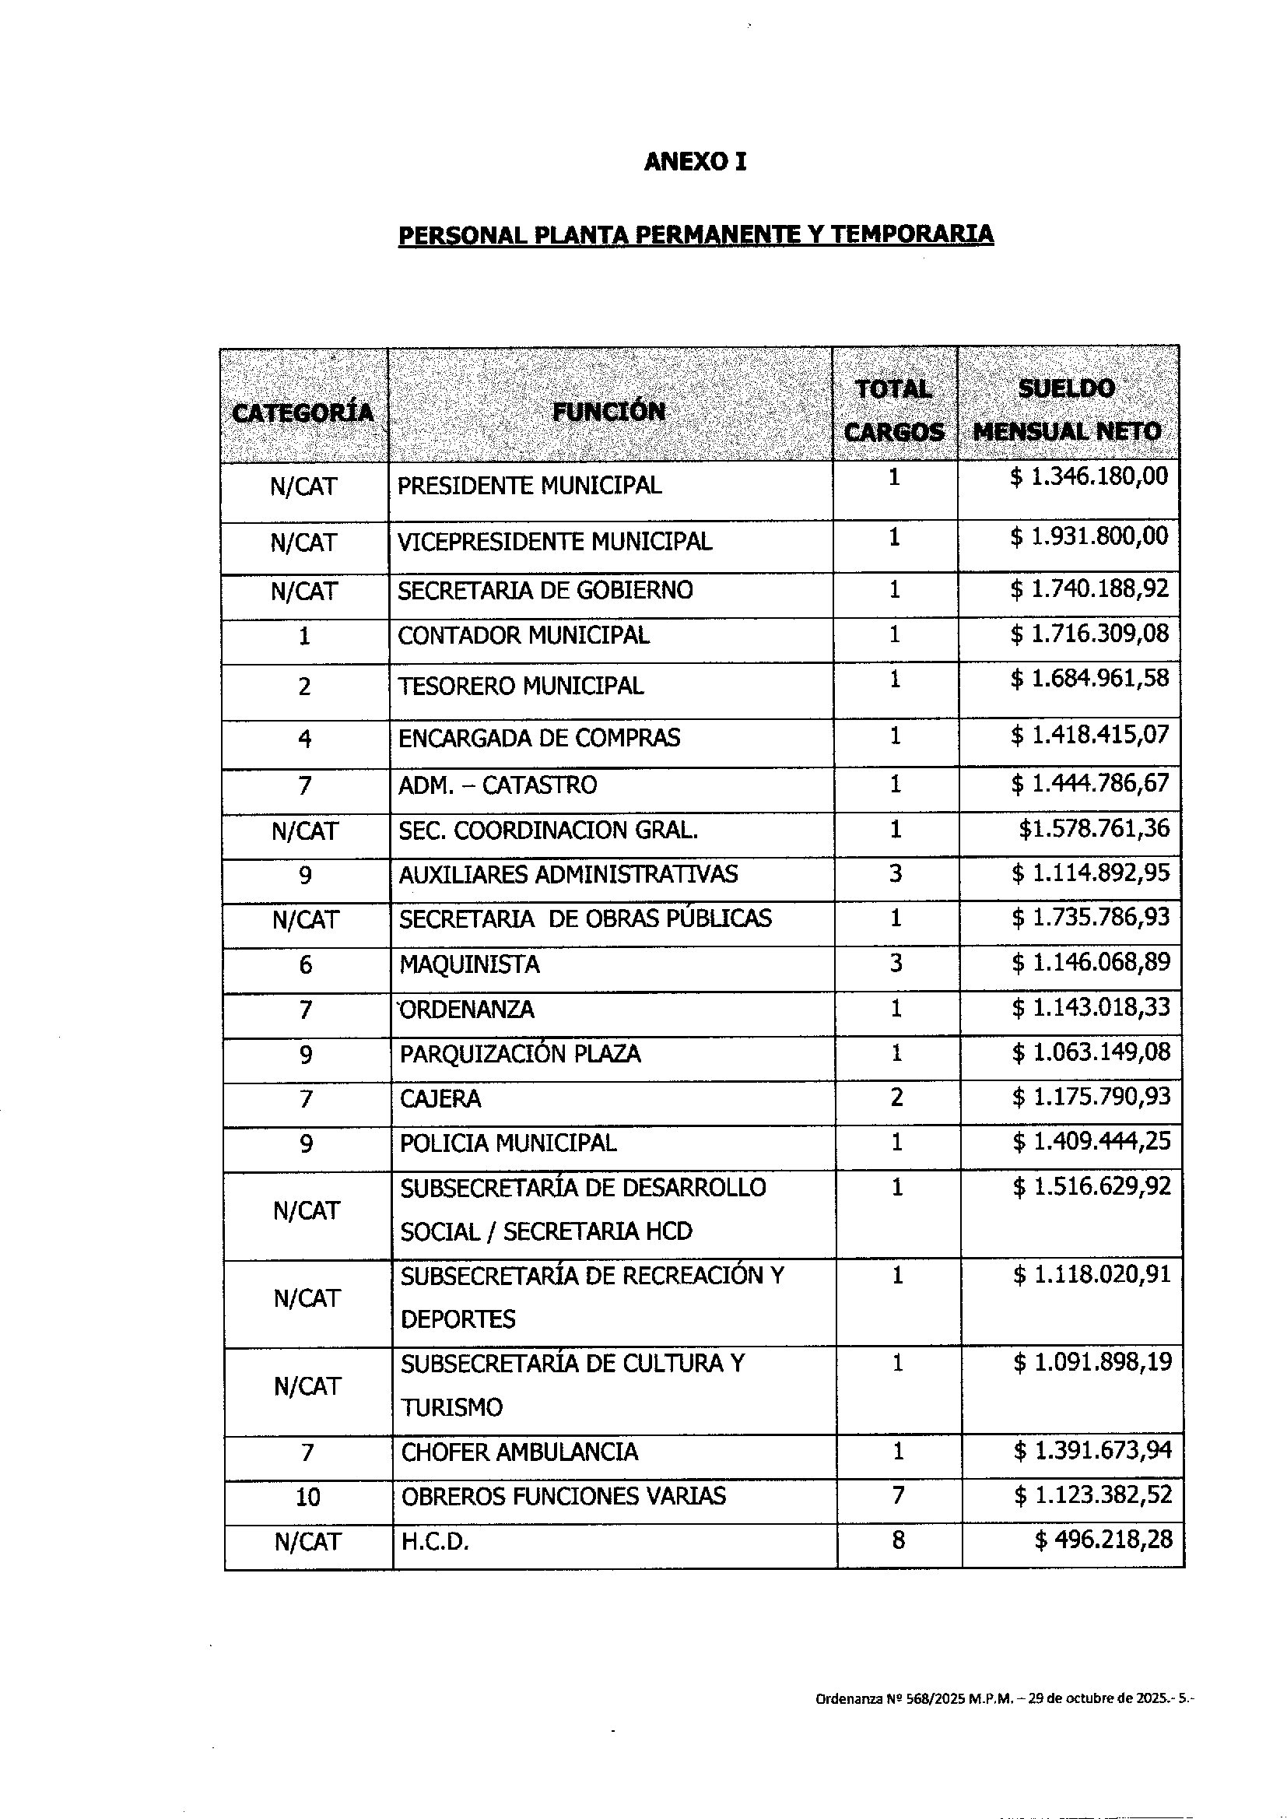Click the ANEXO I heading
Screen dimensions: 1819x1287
(x=695, y=162)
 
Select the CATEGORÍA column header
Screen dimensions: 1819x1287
(x=303, y=413)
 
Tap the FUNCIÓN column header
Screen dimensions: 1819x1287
(x=608, y=411)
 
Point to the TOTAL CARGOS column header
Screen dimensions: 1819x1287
(x=894, y=410)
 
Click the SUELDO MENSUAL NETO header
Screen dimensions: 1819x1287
(x=1067, y=409)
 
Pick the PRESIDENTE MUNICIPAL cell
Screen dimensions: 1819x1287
(x=529, y=485)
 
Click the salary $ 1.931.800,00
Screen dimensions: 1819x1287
(x=1089, y=536)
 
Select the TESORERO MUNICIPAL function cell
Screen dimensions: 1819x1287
(x=521, y=686)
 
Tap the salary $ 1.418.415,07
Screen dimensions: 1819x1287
(x=1089, y=735)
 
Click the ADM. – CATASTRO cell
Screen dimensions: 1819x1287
(x=497, y=785)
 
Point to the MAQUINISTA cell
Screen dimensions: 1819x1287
(x=469, y=964)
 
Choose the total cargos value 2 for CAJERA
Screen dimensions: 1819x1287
(x=896, y=1097)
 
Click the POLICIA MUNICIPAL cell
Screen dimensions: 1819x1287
(x=508, y=1143)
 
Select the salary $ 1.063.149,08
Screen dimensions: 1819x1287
(x=1091, y=1052)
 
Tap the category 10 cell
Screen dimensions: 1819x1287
(x=307, y=1498)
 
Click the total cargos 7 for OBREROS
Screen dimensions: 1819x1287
(x=898, y=1496)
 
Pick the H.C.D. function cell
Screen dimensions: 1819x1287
(x=435, y=1542)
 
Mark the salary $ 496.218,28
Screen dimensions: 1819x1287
(x=1103, y=1540)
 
